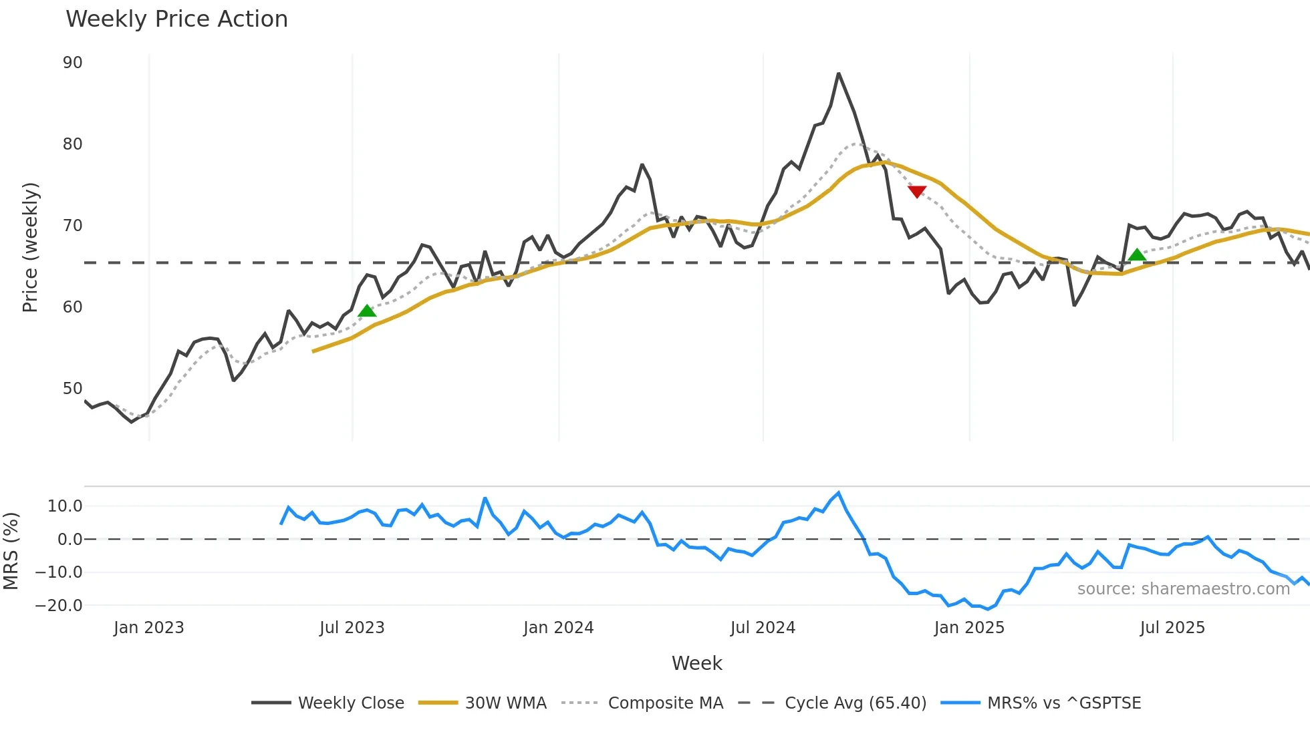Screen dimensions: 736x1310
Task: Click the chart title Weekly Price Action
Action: pyautogui.click(x=176, y=19)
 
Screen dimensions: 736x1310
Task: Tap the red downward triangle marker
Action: pyautogui.click(x=917, y=192)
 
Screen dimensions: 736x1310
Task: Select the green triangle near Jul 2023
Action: pyautogui.click(x=367, y=311)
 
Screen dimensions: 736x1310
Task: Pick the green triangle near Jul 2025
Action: pyautogui.click(x=1137, y=254)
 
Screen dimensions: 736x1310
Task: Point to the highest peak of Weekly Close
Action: pyautogui.click(x=838, y=73)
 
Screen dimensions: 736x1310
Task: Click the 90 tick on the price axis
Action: pyautogui.click(x=72, y=63)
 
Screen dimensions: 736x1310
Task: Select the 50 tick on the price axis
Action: pyautogui.click(x=72, y=389)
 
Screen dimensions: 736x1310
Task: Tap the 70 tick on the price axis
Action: pyautogui.click(x=72, y=226)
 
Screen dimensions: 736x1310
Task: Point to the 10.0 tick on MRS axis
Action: pyautogui.click(x=65, y=506)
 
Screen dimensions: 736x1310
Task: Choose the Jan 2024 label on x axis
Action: pyautogui.click(x=558, y=628)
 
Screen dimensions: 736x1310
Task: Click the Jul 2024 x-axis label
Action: pyautogui.click(x=763, y=628)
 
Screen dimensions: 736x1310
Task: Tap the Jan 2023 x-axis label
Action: pyautogui.click(x=148, y=628)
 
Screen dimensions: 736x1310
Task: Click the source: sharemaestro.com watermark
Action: pyautogui.click(x=1183, y=589)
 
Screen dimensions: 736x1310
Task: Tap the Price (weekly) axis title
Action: pyautogui.click(x=30, y=247)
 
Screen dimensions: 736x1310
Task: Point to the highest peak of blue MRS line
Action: pyautogui.click(x=838, y=493)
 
